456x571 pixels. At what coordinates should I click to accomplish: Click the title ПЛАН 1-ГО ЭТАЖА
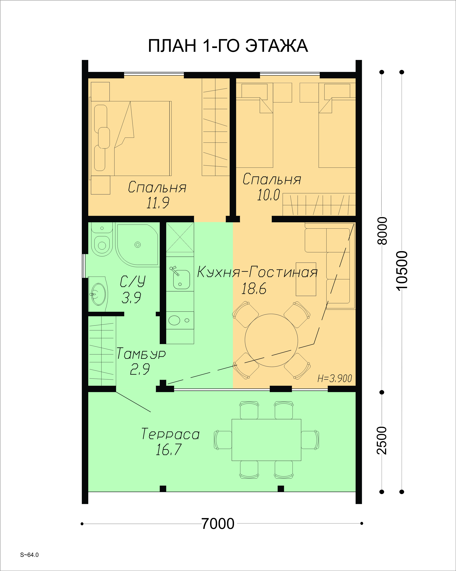228,46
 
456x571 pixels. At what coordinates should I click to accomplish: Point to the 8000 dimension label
382,231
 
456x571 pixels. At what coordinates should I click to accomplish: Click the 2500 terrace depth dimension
382,440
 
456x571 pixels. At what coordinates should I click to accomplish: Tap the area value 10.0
268,195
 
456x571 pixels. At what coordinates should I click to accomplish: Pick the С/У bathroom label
133,281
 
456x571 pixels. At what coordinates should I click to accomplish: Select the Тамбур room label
141,354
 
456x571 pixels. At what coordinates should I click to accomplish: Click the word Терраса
170,434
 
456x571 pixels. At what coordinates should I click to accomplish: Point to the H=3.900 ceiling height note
335,378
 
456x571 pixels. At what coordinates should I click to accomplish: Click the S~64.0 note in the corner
29,555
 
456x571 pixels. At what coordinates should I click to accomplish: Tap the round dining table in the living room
271,340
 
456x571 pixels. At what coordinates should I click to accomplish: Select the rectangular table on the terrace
266,440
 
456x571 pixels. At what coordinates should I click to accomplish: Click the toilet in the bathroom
102,239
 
